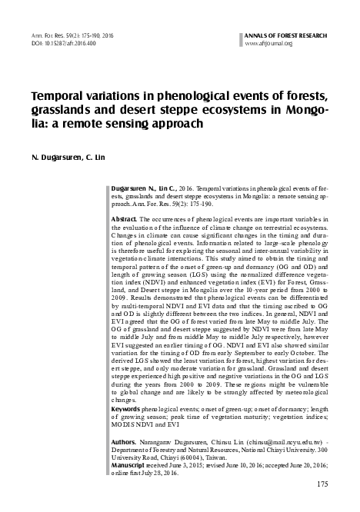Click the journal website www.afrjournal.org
pyautogui.click(x=268, y=43)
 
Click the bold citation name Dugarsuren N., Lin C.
pyautogui.click(x=143, y=188)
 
